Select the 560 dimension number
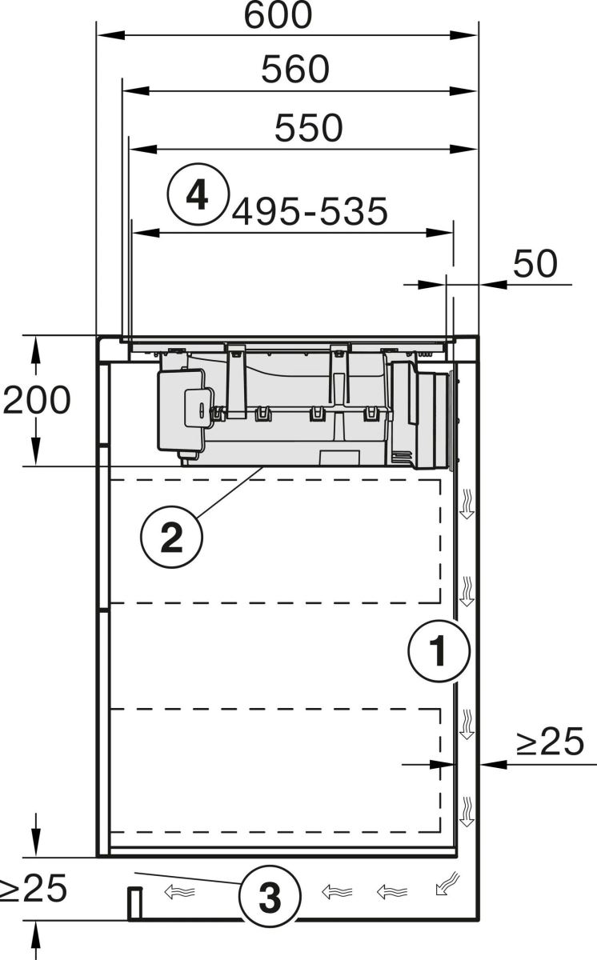[295, 70]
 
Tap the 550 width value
[308, 128]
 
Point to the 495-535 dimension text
[310, 212]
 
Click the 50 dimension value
[534, 263]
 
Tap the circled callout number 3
[270, 898]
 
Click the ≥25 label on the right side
[550, 743]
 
